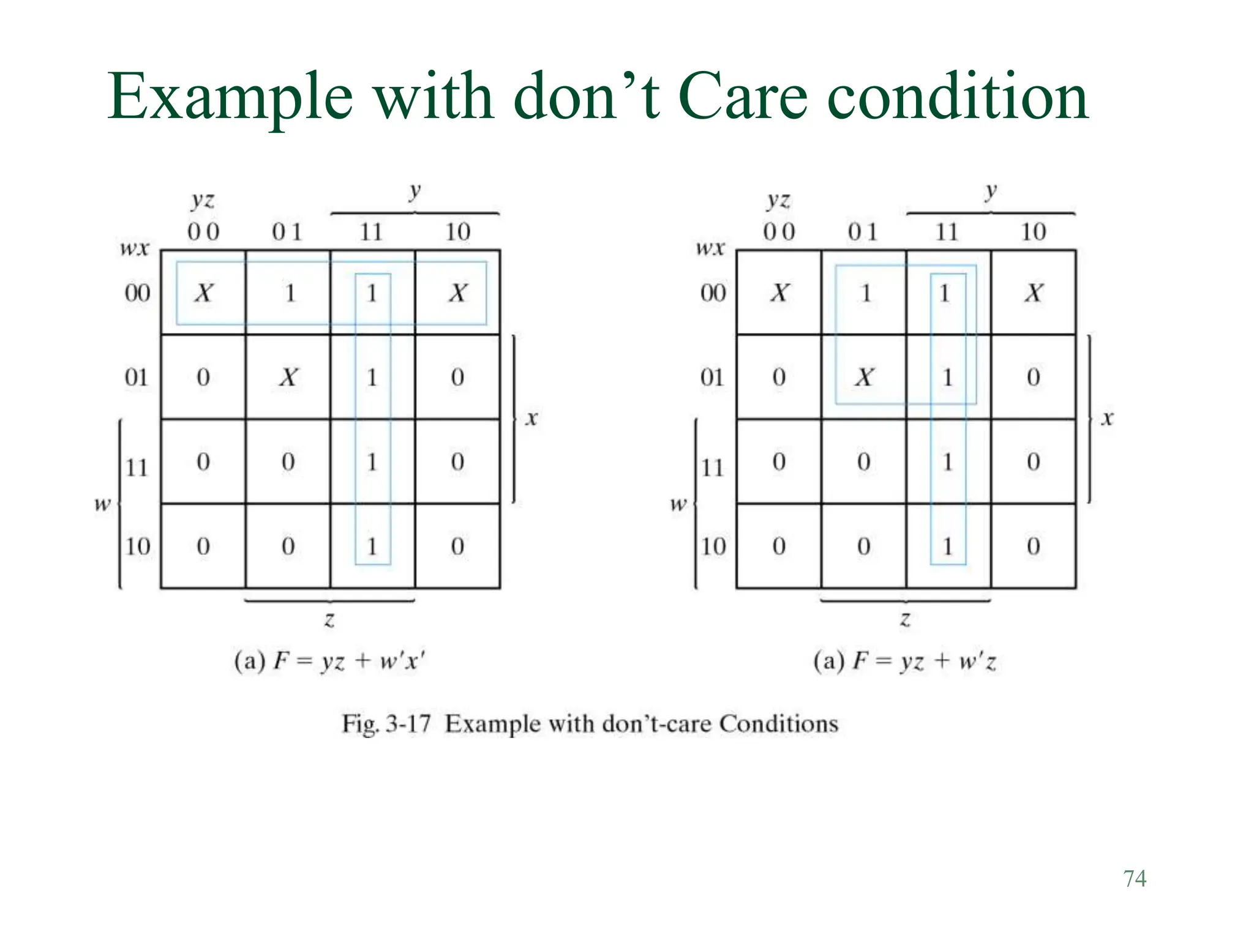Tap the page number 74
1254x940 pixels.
[1135, 879]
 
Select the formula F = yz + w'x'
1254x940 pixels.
[349, 662]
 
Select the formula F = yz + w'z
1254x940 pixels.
[924, 662]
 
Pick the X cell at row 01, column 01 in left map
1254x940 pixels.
[288, 377]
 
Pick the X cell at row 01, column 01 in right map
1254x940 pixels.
[864, 377]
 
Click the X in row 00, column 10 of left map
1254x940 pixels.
[457, 293]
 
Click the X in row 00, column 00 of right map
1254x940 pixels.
[779, 293]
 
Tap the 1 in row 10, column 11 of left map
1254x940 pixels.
[372, 546]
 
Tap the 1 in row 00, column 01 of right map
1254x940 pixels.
[865, 293]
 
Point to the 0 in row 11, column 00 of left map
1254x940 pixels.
[203, 461]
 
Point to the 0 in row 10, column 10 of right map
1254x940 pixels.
[1034, 546]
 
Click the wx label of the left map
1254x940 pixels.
[134, 248]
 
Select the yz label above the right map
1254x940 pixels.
[778, 200]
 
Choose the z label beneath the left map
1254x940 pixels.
[329, 620]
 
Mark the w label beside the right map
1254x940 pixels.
[678, 504]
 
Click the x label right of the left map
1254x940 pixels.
[531, 419]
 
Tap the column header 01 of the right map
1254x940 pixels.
[862, 232]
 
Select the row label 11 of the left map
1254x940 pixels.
[137, 468]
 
